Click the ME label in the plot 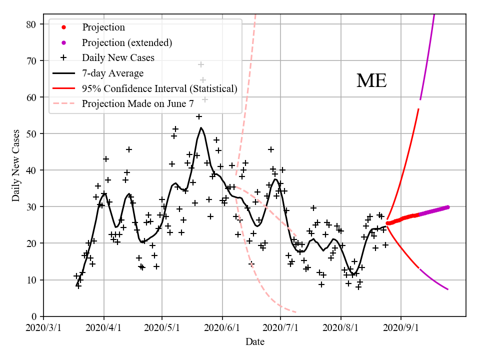coord(371,81)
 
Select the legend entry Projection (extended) coord(127,42)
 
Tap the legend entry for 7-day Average coord(112,73)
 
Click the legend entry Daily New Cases coord(118,57)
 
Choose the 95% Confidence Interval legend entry coord(159,88)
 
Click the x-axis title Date coord(254,342)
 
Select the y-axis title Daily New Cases coord(16,165)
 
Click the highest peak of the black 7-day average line coord(201,127)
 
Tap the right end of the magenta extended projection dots coord(447,206)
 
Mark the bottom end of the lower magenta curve coord(447,289)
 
